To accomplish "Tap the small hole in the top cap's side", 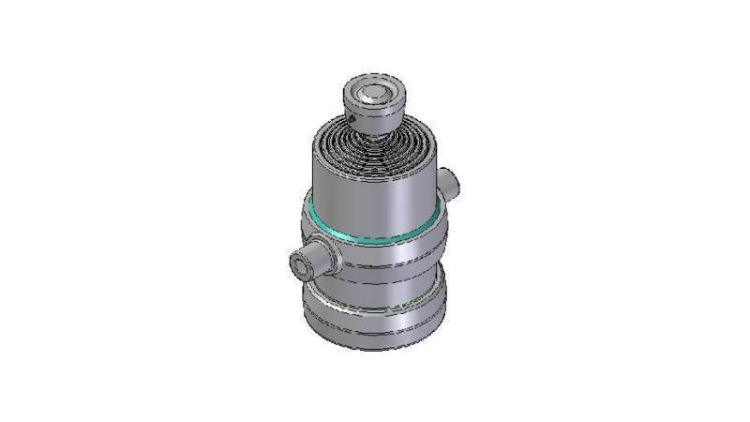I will [x=353, y=120].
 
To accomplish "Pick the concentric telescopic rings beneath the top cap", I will [x=375, y=145].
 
